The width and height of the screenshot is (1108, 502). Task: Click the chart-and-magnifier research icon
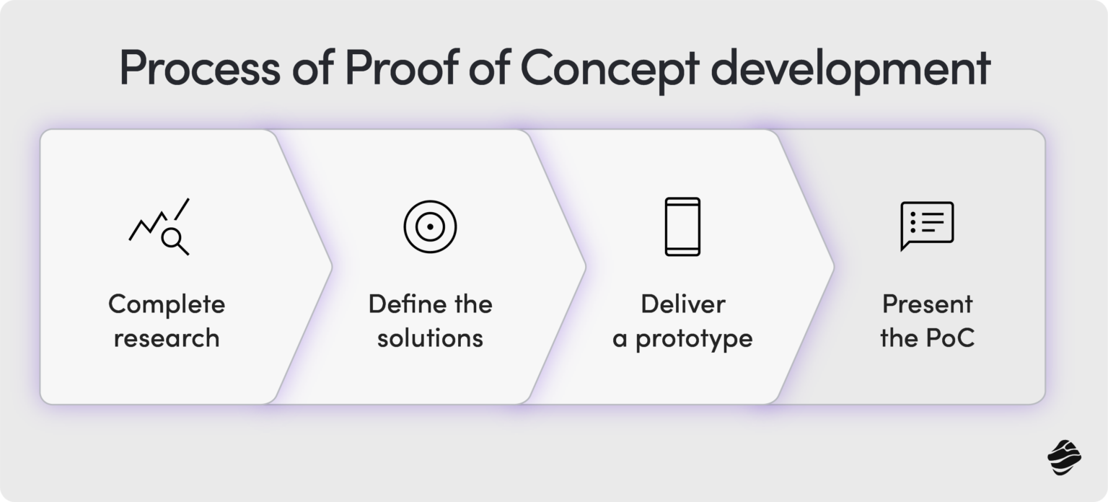tap(159, 226)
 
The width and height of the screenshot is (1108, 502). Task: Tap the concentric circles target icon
tap(430, 226)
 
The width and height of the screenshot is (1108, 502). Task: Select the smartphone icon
tap(682, 226)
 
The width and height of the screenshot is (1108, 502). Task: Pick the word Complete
tap(167, 304)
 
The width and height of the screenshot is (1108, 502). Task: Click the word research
tap(167, 338)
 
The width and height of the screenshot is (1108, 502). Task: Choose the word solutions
tap(430, 338)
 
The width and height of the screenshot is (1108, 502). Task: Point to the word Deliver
tap(682, 304)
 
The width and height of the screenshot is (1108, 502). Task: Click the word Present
tap(927, 304)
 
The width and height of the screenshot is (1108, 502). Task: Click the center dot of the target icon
tap(430, 226)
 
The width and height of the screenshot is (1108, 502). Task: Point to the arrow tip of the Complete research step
tap(330, 267)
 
